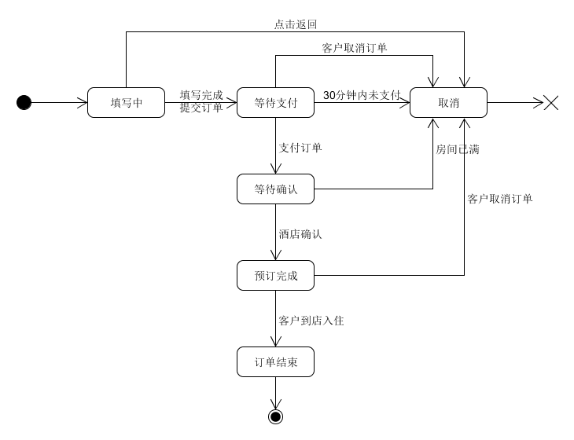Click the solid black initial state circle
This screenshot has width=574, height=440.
pos(24,102)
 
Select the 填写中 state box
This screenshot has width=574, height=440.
pos(126,102)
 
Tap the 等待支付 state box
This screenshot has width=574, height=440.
pos(275,102)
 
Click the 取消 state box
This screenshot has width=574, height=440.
pos(448,102)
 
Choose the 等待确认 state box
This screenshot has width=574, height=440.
pos(275,189)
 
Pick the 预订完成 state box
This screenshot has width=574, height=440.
pos(275,275)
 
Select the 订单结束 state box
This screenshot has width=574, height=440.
pos(275,361)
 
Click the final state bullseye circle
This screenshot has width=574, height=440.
pos(275,416)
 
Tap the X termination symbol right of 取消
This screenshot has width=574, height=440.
pos(551,102)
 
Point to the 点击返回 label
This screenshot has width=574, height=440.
pos(296,24)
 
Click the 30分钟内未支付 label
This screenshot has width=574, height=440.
pos(362,95)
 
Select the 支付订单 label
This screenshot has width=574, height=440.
pos(300,147)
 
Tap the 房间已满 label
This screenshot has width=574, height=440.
pos(458,148)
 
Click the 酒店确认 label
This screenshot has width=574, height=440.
pos(300,233)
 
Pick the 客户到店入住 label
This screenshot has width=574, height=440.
pos(311,321)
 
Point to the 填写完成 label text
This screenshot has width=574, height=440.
pos(201,95)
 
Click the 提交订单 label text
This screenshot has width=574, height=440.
pos(201,108)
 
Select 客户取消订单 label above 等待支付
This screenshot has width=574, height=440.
pos(355,48)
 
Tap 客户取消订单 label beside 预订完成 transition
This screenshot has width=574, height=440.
pos(500,199)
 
